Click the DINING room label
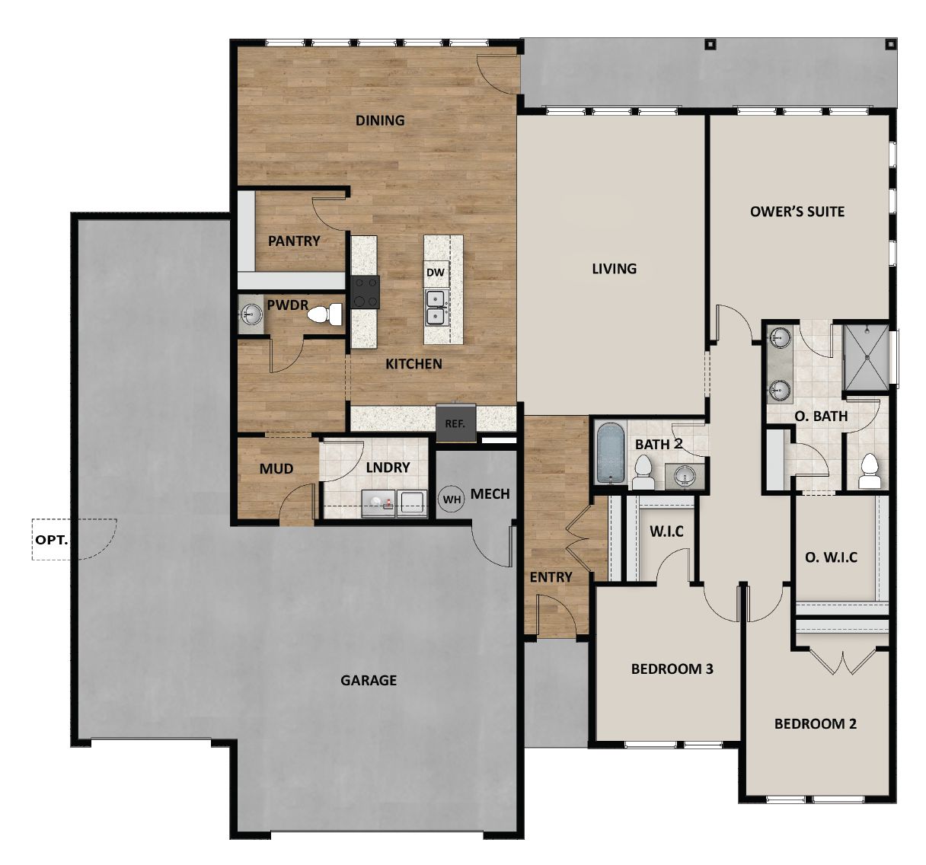[x=380, y=120]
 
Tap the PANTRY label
[x=294, y=241]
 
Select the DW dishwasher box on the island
[x=435, y=272]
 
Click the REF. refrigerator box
[x=455, y=423]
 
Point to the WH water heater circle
[x=452, y=500]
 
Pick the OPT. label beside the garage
[x=52, y=540]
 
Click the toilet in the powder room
[x=331, y=314]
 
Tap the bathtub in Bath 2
[x=609, y=453]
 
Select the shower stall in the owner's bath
[x=867, y=356]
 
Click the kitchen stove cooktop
[x=365, y=292]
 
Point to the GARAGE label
[x=369, y=680]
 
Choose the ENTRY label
[x=551, y=577]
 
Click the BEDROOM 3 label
[x=672, y=669]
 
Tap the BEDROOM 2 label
[x=815, y=723]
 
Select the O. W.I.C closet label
[x=831, y=557]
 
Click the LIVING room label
[x=614, y=268]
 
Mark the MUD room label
[x=276, y=468]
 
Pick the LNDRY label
[x=388, y=468]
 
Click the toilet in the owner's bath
[x=869, y=472]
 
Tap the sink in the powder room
[x=251, y=313]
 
